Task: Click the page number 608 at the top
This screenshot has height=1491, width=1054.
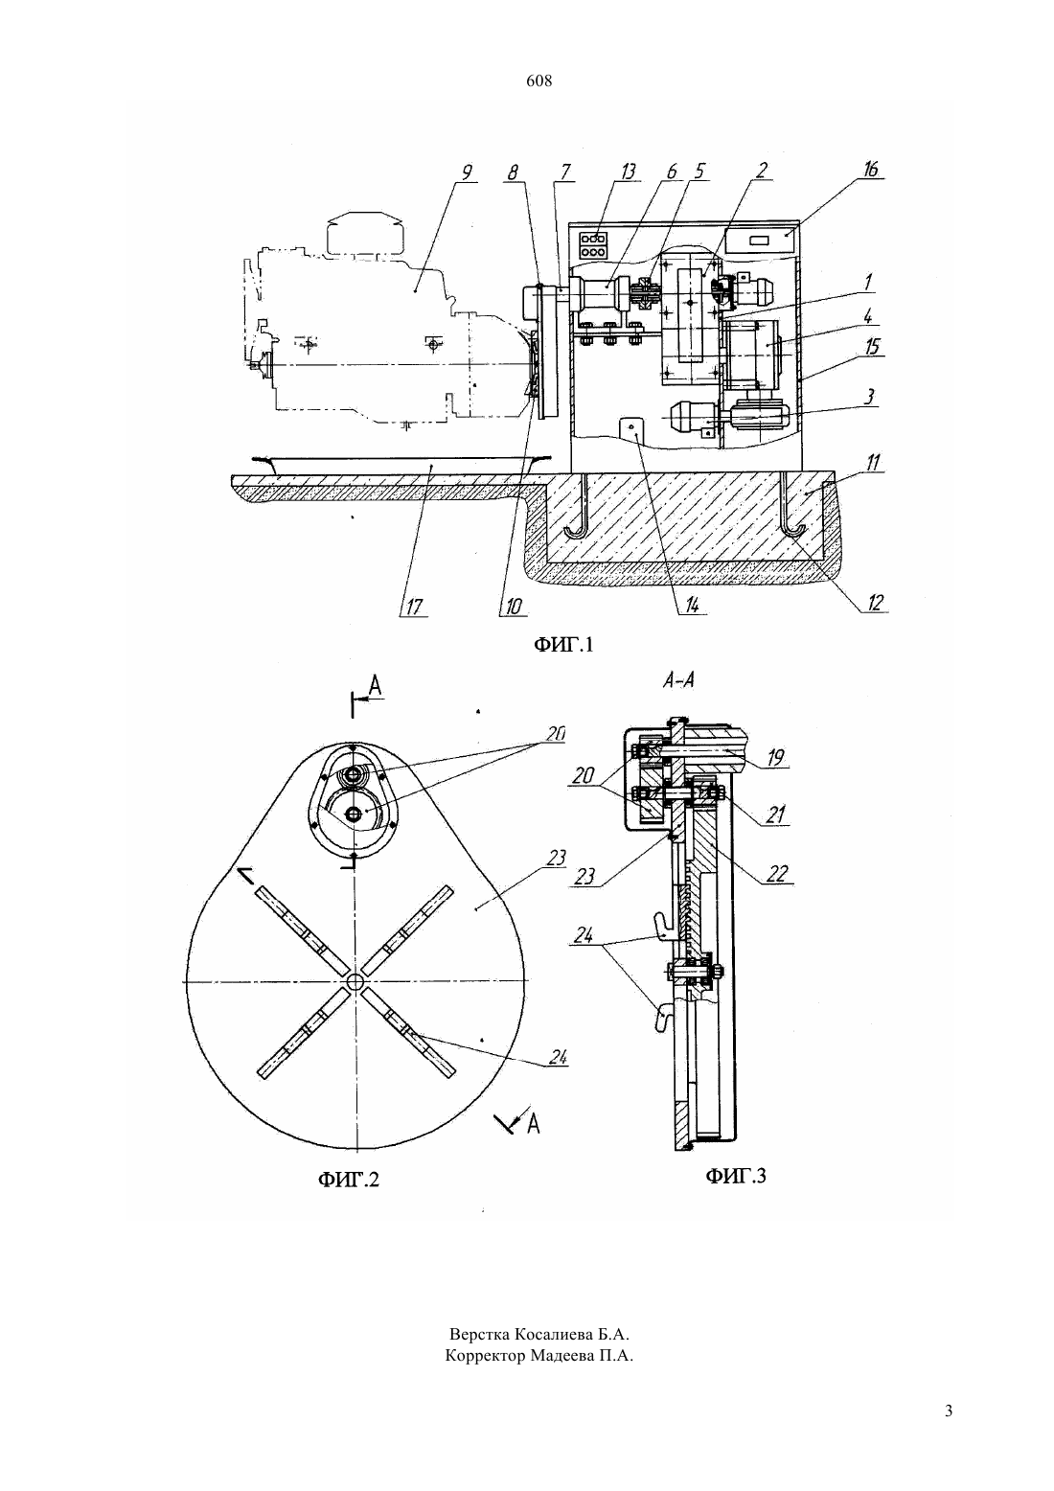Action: (x=538, y=81)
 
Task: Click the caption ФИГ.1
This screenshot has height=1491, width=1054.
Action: (x=563, y=644)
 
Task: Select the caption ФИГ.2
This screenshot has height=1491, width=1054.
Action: (x=348, y=1180)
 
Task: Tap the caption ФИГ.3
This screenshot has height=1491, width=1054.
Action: (x=735, y=1176)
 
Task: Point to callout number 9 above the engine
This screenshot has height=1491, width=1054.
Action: (x=467, y=172)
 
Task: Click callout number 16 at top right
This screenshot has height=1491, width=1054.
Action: (x=870, y=170)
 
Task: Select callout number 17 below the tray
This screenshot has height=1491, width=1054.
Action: (x=414, y=607)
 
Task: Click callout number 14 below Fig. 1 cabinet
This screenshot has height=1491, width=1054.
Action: (x=692, y=605)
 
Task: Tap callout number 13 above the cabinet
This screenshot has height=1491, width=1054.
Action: (x=628, y=172)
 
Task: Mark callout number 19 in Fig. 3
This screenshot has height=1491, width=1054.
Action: (x=774, y=758)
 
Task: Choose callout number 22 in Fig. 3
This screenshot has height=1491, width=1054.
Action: (x=776, y=873)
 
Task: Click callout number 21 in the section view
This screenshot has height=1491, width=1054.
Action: (x=775, y=814)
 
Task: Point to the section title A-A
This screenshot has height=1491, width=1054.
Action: (x=678, y=680)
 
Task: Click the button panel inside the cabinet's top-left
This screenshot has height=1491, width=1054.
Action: (x=593, y=245)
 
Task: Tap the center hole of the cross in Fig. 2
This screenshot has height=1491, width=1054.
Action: (x=354, y=982)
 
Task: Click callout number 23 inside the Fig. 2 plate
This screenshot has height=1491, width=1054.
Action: (x=556, y=858)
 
